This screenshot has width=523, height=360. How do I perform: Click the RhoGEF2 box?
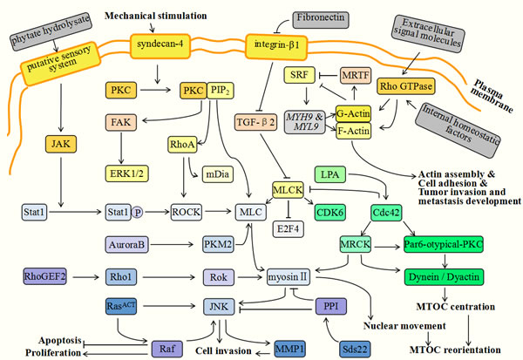[44, 278]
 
